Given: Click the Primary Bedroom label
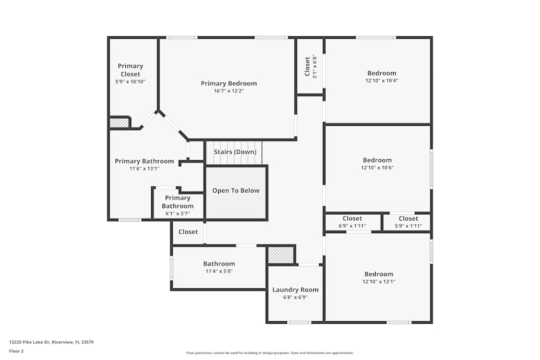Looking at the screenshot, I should (x=228, y=84).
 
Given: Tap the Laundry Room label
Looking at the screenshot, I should (x=295, y=290).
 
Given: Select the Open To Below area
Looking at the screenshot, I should (x=236, y=191).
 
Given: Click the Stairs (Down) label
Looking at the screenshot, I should (x=235, y=152).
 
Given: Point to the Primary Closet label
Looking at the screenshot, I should (x=130, y=70).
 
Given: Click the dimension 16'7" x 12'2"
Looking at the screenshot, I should (x=228, y=91).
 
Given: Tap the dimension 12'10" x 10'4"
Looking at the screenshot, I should (x=381, y=81).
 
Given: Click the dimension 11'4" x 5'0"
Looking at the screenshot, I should (x=219, y=271).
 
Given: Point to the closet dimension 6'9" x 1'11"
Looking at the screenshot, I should (x=352, y=226).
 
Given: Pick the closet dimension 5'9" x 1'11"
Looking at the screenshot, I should (x=408, y=226).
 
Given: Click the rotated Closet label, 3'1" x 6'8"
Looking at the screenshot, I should (x=307, y=66).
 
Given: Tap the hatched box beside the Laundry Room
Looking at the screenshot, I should (x=281, y=255).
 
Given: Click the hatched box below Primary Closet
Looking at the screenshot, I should (x=119, y=123).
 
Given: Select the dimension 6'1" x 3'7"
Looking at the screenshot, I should (x=177, y=214).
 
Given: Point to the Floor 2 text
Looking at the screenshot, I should (x=16, y=351).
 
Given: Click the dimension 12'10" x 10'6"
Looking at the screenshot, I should (x=377, y=168).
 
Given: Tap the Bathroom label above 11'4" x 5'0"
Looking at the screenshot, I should (x=219, y=264).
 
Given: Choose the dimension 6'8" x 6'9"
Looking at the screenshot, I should (x=295, y=297).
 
